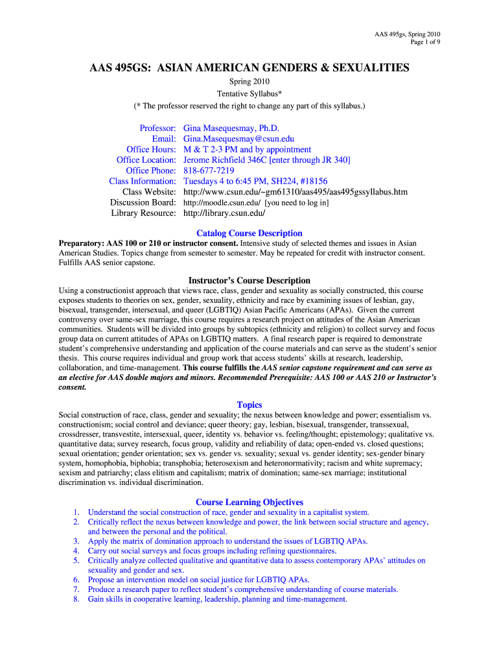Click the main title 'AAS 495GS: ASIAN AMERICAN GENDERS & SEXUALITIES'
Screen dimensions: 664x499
click(250, 67)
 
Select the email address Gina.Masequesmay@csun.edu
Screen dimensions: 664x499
click(239, 139)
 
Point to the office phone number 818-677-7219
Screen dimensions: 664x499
click(209, 171)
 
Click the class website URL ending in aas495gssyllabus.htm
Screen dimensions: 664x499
click(296, 191)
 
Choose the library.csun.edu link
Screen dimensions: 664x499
click(224, 213)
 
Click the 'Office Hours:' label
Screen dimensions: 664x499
click(151, 149)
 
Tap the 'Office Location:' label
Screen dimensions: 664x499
click(146, 160)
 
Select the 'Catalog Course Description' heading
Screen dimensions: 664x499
click(250, 233)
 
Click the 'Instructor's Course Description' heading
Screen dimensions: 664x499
click(250, 280)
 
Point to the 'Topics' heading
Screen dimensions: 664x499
click(250, 405)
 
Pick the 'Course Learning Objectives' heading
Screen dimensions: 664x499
click(250, 502)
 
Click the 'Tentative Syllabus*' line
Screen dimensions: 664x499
click(250, 93)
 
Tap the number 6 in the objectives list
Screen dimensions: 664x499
click(76, 580)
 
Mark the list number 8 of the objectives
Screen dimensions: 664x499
click(76, 599)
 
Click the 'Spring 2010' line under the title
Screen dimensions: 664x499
click(250, 82)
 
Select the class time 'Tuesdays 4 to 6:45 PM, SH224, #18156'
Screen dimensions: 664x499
click(255, 181)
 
